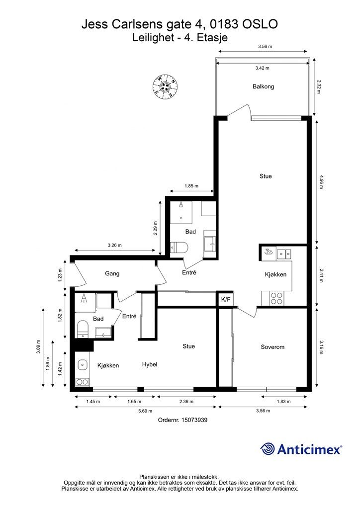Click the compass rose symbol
[165, 86]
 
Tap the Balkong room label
[263, 86]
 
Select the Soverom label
[272, 347]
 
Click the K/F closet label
[226, 300]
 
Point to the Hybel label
[150, 364]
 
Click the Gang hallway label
[112, 274]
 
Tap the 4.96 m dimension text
[321, 182]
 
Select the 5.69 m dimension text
[145, 411]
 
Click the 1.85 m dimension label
[191, 186]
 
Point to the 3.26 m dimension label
[114, 246]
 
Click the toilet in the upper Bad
[178, 248]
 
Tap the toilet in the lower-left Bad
[83, 329]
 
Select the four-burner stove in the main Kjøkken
[276, 298]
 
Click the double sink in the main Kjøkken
[284, 253]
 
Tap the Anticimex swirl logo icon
[268, 449]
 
